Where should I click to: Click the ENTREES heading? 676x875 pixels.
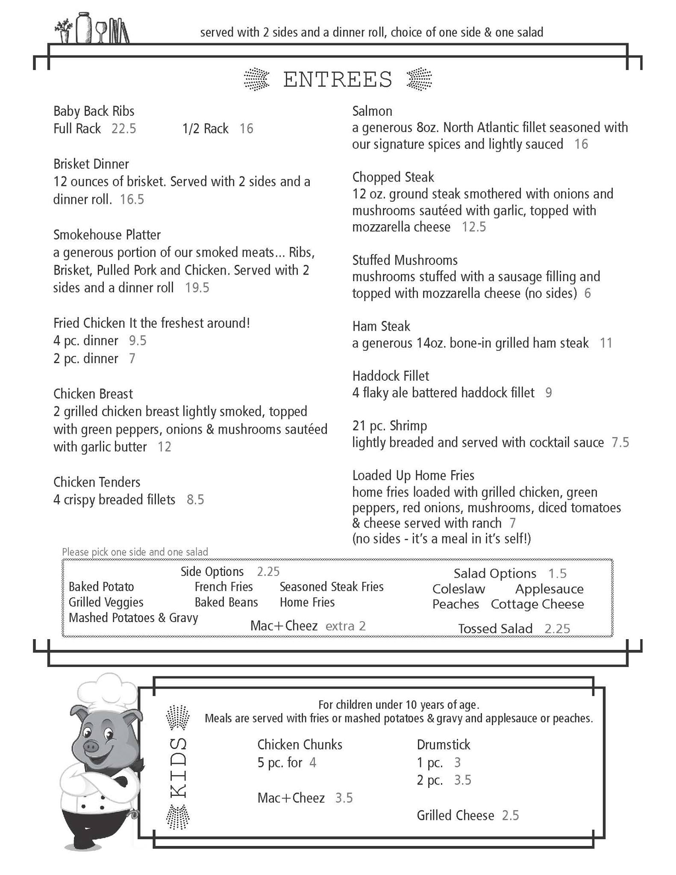pos(338,79)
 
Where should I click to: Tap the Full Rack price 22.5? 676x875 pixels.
pos(123,129)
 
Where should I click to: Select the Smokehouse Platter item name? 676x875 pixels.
pos(107,235)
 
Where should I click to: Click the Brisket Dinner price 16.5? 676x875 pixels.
pos(132,200)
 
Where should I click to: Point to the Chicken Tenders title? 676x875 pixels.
pos(97,482)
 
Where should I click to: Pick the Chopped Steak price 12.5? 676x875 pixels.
pos(473,227)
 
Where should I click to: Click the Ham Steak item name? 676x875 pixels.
pos(381,326)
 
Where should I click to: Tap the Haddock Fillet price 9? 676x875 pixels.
pos(548,393)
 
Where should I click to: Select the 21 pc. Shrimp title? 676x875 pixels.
pos(389,426)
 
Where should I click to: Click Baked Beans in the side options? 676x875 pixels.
pos(226,602)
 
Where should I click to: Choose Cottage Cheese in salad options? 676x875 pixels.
pos(537,604)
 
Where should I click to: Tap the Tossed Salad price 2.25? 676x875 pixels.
pos(557,628)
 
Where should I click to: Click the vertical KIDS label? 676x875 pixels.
pos(178,767)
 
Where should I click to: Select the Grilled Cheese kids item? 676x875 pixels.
pos(455,816)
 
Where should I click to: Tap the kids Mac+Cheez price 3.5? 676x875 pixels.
pos(344,798)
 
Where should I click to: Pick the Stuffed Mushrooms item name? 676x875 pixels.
pos(405,260)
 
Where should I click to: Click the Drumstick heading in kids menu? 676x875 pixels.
pos(443,745)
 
